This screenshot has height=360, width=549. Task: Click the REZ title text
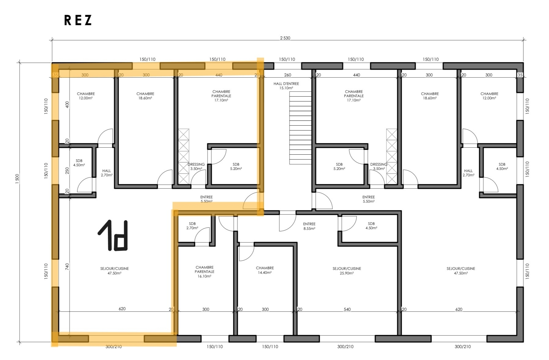[78, 20]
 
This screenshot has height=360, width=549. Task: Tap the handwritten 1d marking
[113, 235]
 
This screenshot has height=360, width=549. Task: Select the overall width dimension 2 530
[285, 38]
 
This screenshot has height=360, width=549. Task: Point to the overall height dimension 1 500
[17, 178]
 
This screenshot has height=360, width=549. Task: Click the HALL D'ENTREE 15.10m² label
[286, 86]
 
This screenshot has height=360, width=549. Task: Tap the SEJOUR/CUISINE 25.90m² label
[347, 271]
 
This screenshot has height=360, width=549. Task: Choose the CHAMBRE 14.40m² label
[265, 270]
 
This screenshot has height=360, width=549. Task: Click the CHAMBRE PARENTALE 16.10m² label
[204, 272]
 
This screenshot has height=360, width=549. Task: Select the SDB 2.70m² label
[192, 226]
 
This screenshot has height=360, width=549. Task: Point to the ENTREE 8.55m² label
[309, 226]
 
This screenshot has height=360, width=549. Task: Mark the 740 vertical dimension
[67, 267]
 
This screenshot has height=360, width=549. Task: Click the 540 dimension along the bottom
[347, 309]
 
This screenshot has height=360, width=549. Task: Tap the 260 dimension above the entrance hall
[287, 75]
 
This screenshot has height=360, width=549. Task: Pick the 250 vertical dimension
[67, 171]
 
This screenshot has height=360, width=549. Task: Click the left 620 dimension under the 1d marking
[122, 309]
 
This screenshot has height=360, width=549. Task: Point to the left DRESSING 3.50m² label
[196, 167]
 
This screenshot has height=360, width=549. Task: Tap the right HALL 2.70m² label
[468, 173]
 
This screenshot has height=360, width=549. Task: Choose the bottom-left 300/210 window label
[113, 347]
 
